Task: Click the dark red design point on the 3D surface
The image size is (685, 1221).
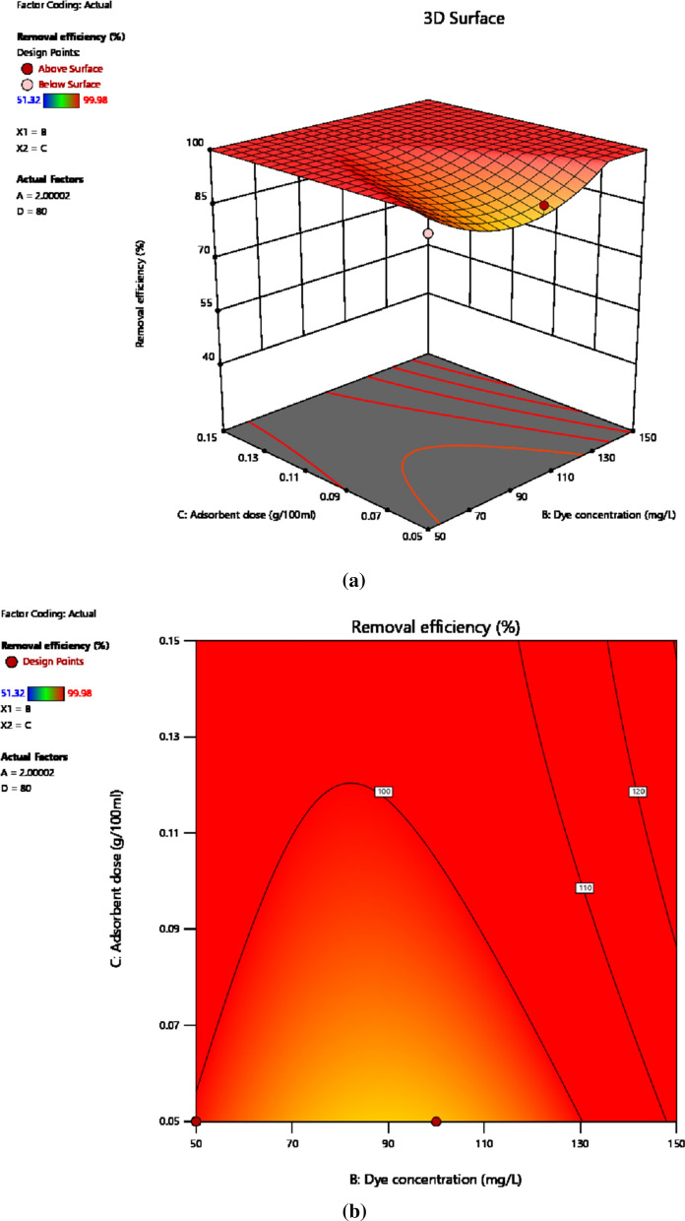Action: pos(543,205)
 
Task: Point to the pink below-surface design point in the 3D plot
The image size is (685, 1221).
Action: pos(428,233)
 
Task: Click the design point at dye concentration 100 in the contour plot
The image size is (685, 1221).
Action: pos(436,1121)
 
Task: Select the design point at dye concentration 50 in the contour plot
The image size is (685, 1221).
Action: pos(196,1121)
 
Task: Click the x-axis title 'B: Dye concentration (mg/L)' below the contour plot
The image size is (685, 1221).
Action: pos(435,1176)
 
